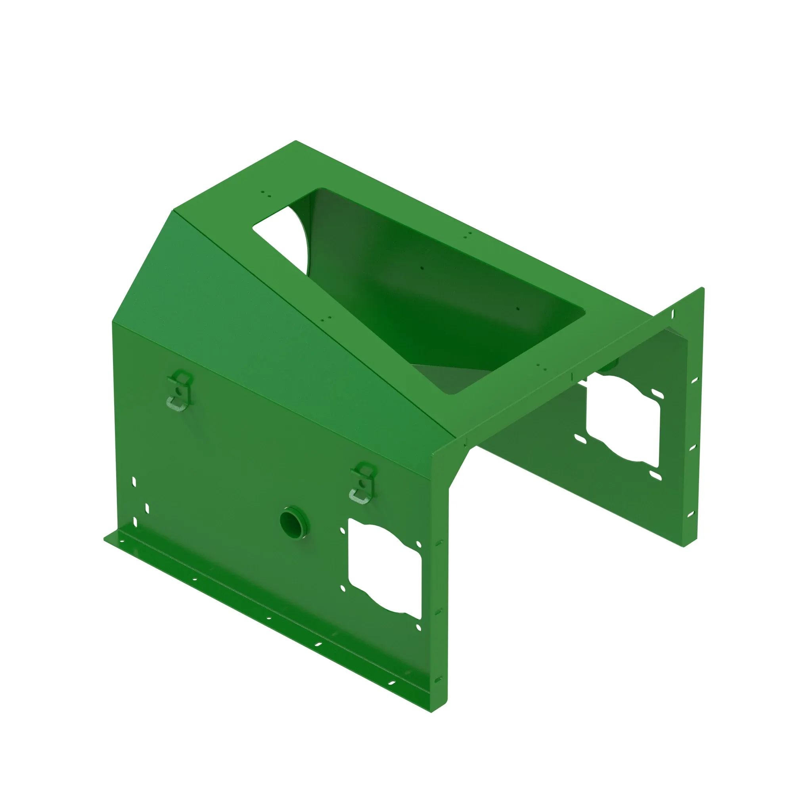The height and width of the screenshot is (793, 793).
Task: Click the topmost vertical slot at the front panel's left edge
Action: click(x=134, y=481)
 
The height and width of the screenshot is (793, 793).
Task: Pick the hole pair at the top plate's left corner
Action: click(x=266, y=193)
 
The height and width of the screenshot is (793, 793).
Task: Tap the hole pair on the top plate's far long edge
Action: click(x=467, y=235)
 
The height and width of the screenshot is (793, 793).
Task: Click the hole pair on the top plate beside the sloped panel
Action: click(x=326, y=319)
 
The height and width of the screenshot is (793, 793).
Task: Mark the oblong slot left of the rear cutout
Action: click(x=580, y=439)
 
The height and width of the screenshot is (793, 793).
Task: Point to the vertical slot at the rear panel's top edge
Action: click(x=672, y=314)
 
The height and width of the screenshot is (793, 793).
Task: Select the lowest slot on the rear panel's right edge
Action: click(x=690, y=515)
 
